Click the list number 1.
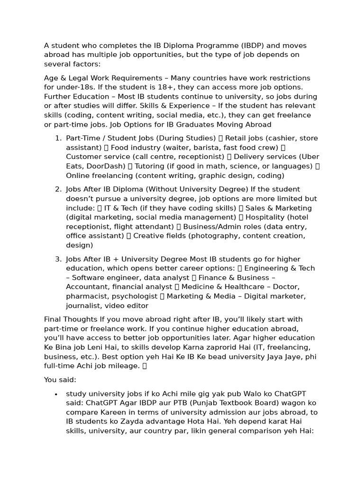(58, 138)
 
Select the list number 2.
(58, 189)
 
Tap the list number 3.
(58, 259)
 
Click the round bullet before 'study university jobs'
(56, 394)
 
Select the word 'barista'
(178, 148)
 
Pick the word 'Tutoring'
(152, 166)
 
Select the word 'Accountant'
(87, 287)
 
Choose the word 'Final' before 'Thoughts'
(54, 319)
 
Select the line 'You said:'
(60, 380)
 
